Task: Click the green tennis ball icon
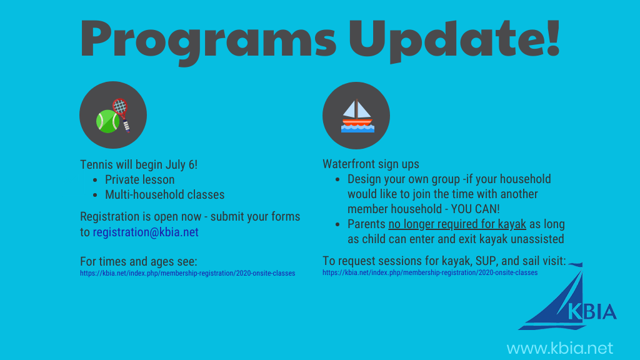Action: [x=107, y=121]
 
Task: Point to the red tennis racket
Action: [x=122, y=114]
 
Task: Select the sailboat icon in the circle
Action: [x=357, y=116]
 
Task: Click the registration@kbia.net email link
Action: [x=146, y=232]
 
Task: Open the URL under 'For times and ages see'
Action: [x=187, y=273]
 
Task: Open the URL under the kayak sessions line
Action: [x=430, y=272]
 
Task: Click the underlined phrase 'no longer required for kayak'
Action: [x=457, y=224]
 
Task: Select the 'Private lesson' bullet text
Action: [x=139, y=179]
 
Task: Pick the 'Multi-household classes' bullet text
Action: [x=164, y=195]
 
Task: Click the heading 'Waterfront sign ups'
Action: [x=371, y=164]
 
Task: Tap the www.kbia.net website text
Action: [x=559, y=348]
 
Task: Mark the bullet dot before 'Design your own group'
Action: [x=337, y=179]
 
